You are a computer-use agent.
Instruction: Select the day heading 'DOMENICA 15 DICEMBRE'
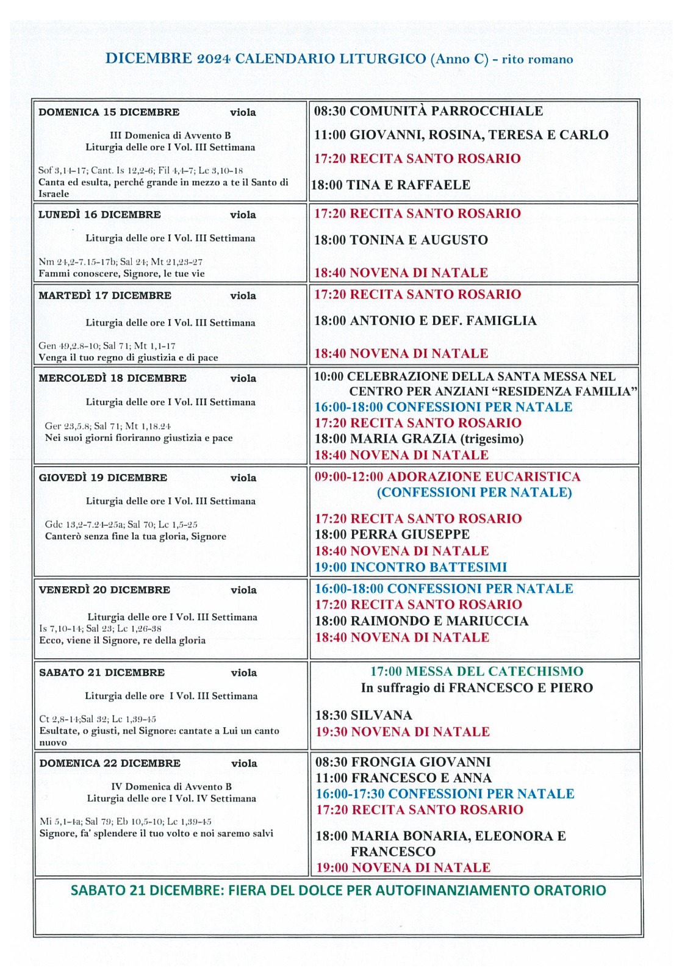click(x=109, y=112)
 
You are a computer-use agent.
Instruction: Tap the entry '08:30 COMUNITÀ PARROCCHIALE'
click(x=428, y=111)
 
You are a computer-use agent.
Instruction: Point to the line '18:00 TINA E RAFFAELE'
click(x=391, y=185)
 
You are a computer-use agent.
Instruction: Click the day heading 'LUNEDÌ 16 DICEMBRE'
click(x=99, y=215)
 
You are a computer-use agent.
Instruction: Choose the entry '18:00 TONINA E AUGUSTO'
click(x=401, y=240)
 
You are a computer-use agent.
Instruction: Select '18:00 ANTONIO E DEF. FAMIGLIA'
click(x=425, y=321)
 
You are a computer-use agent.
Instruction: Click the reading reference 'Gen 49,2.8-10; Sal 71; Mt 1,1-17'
click(x=107, y=345)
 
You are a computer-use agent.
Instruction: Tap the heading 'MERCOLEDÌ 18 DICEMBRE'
click(x=112, y=378)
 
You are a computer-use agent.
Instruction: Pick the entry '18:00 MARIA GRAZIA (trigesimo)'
click(x=419, y=439)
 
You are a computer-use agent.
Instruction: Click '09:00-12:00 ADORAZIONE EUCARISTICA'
click(x=447, y=476)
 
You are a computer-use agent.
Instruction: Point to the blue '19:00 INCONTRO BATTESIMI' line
click(x=411, y=567)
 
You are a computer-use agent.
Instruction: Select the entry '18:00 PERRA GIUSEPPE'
click(x=392, y=534)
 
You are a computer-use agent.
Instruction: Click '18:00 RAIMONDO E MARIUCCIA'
click(x=422, y=621)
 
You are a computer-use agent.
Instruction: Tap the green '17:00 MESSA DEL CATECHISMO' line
click(x=476, y=672)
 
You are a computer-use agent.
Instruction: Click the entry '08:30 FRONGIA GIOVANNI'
click(x=403, y=762)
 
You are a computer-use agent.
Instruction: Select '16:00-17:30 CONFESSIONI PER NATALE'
click(x=445, y=794)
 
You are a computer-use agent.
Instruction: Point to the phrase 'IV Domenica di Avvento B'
click(x=171, y=787)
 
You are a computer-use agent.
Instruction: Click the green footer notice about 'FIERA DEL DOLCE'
click(x=339, y=890)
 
